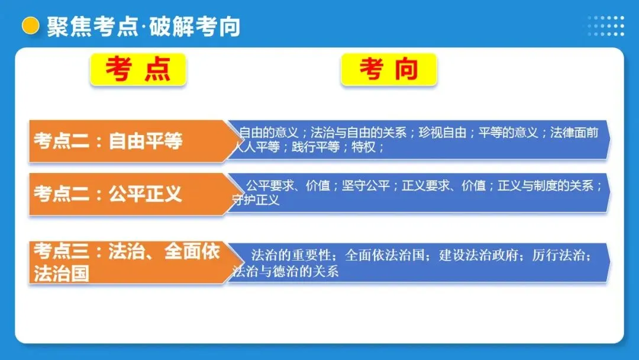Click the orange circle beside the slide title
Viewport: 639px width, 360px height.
(x=30, y=26)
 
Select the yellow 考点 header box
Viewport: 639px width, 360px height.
(x=138, y=69)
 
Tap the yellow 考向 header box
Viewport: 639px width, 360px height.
(x=389, y=69)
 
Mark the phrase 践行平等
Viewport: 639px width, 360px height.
(x=315, y=147)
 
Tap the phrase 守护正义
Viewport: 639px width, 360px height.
(x=256, y=200)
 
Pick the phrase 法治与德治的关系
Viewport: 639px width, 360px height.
(x=286, y=271)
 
